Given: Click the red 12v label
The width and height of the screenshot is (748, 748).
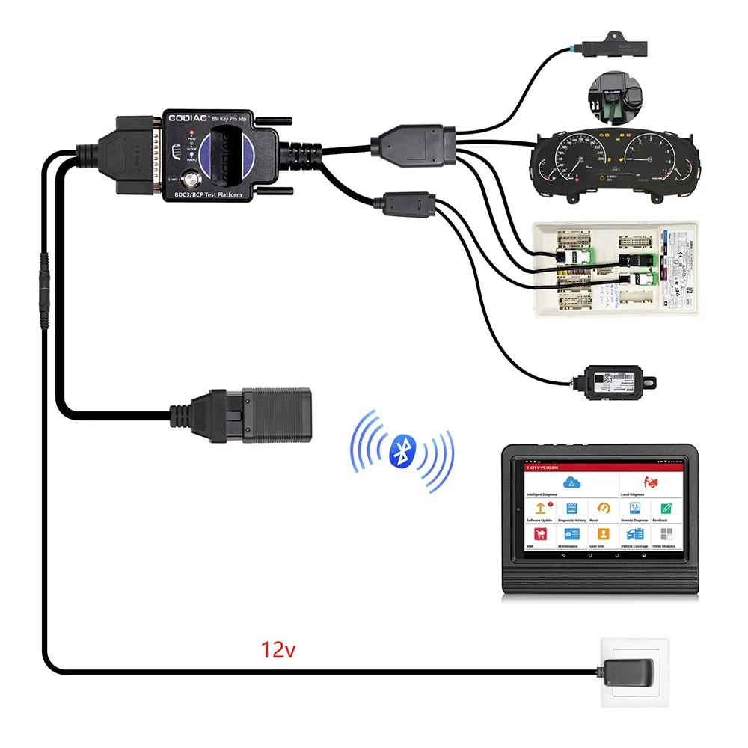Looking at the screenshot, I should [x=278, y=649].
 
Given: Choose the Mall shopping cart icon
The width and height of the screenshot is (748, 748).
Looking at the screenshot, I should [x=540, y=534].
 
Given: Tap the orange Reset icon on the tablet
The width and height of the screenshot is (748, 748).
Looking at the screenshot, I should [x=604, y=509].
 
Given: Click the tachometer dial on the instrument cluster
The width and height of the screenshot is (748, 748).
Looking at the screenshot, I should [x=653, y=159].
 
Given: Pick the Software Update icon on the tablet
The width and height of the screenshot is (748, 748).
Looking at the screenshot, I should [x=540, y=509].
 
